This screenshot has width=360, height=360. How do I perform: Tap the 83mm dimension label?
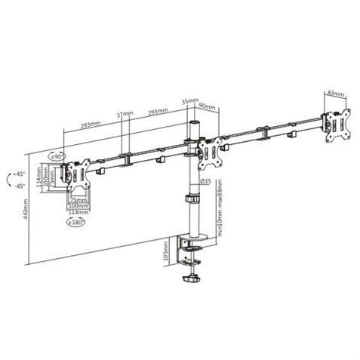click(x=336, y=94)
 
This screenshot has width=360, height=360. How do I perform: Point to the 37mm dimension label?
click(x=125, y=115)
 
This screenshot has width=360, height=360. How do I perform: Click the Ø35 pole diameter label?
click(x=205, y=182)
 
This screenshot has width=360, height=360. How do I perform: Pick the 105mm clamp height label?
click(x=167, y=249)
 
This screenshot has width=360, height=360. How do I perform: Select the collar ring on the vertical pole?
click(x=189, y=199)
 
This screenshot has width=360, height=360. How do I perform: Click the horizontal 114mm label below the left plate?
click(x=76, y=212)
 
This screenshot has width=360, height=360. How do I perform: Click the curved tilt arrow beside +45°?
click(x=8, y=180)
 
